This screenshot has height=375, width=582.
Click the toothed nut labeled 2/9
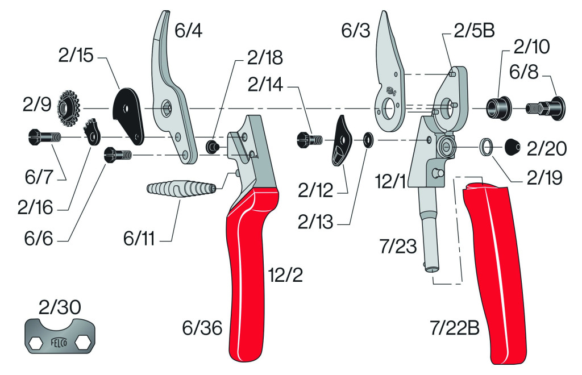tap(69, 109)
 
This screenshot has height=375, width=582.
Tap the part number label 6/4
tap(189, 31)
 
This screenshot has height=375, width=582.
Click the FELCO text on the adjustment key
tap(59, 342)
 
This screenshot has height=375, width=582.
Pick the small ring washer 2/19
tap(487, 148)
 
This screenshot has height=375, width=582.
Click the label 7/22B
tap(455, 328)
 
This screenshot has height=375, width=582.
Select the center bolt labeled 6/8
tap(546, 108)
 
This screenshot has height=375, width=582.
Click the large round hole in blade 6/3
tap(388, 109)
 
